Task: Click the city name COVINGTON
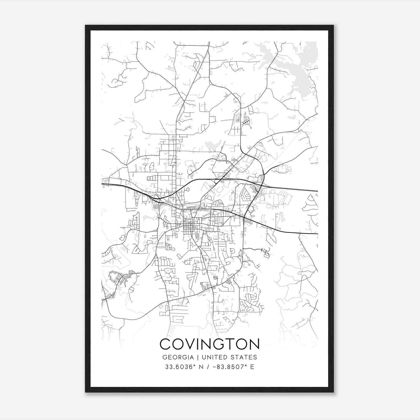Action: pos(209,344)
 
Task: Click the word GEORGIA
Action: pos(178,357)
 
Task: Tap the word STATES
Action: pos(244,357)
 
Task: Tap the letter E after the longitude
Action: pos(252,367)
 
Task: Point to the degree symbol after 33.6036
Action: pos(195,365)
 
